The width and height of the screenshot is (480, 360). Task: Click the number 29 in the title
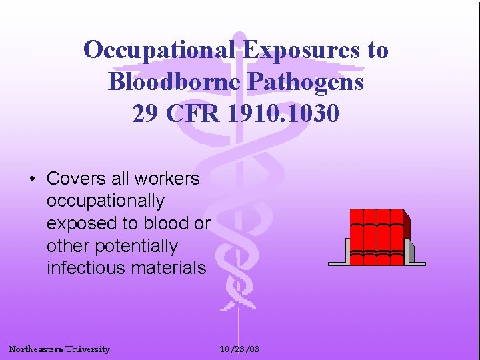[x=145, y=113]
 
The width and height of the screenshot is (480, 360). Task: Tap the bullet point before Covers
[x=31, y=179]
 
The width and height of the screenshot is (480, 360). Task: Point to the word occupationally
[x=105, y=201]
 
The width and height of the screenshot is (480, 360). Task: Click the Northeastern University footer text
[x=59, y=349]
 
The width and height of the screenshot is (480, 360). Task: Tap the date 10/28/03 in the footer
[x=240, y=349]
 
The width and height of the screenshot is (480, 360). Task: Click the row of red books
[x=377, y=237]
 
